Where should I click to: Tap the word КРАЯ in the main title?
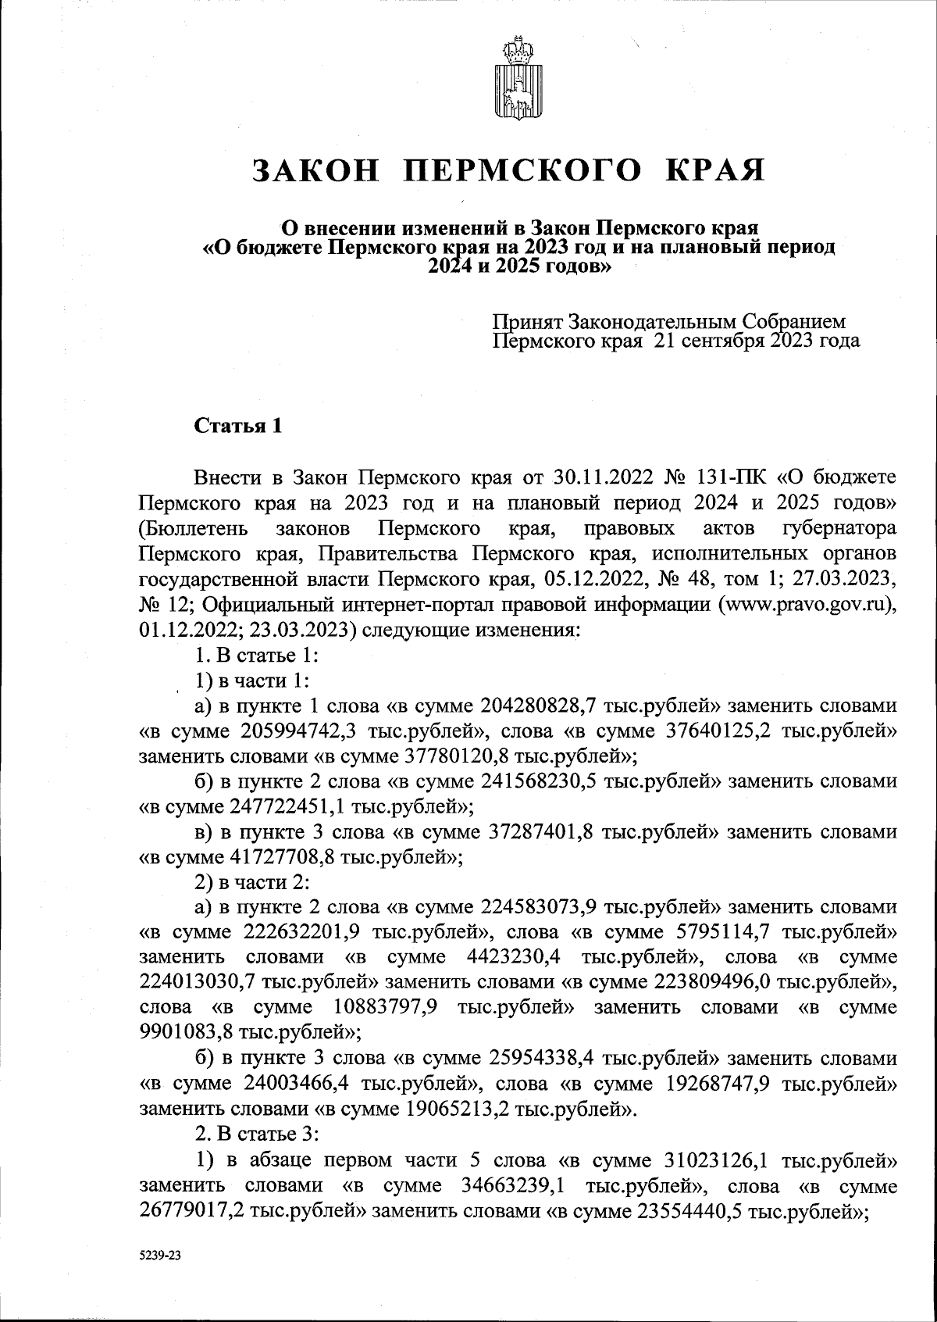714,170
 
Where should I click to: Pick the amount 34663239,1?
515,1209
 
